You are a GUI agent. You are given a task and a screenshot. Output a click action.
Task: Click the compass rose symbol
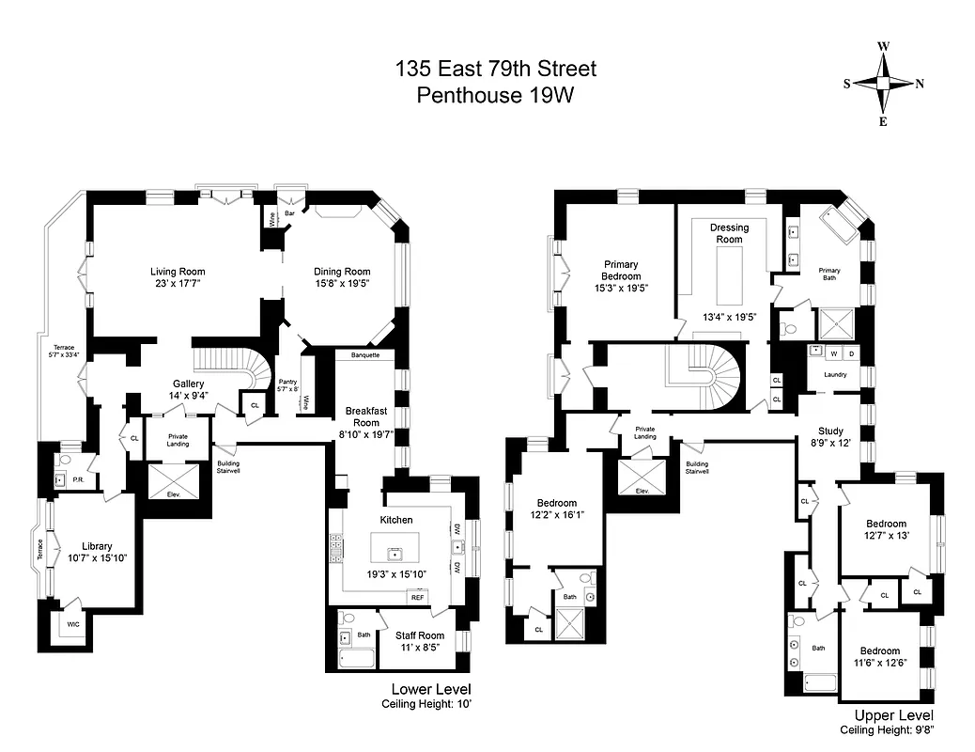point(883,83)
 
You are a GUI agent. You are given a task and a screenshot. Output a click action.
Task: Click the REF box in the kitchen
point(416,597)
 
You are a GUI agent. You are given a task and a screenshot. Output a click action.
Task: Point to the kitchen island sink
point(395,547)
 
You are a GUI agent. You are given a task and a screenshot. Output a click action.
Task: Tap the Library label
point(97,546)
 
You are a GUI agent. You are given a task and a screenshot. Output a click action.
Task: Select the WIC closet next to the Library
point(72,623)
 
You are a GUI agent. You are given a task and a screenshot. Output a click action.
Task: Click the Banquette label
point(365,355)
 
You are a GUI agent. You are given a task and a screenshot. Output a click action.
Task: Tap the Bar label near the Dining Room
point(290,214)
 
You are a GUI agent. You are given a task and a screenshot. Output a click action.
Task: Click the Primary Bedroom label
point(622,270)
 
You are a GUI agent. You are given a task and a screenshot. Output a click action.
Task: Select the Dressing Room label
point(729,233)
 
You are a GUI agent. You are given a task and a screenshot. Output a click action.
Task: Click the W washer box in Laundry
point(832,353)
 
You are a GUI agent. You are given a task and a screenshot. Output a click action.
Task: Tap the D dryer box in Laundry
point(851,353)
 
